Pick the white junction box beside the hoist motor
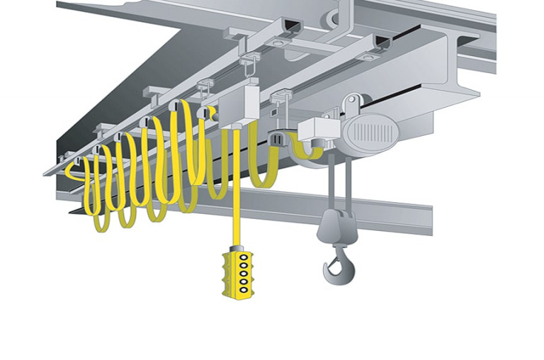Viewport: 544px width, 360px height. pyautogui.click(x=316, y=130)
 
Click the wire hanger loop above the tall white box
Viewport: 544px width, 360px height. pyautogui.click(x=246, y=67)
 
